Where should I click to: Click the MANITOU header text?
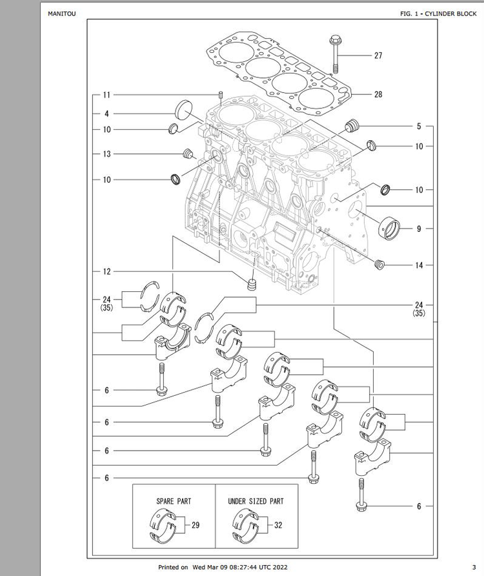click(x=62, y=14)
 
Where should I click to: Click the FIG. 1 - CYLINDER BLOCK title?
click(x=438, y=14)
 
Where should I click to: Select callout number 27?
click(x=378, y=56)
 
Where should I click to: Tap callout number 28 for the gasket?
click(x=378, y=94)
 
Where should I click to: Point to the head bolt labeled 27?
click(x=336, y=54)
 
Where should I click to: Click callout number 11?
click(x=106, y=95)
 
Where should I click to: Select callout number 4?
click(x=106, y=114)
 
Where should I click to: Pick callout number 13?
click(x=106, y=154)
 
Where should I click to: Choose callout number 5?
click(x=419, y=127)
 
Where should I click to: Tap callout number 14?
click(x=419, y=265)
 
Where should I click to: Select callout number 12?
click(x=106, y=271)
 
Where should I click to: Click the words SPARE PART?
click(x=174, y=501)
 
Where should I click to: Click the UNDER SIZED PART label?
click(x=256, y=501)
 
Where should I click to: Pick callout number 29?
click(x=196, y=525)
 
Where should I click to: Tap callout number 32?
click(x=278, y=525)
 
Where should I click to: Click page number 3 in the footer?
click(x=474, y=567)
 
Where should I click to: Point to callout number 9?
click(x=419, y=229)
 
